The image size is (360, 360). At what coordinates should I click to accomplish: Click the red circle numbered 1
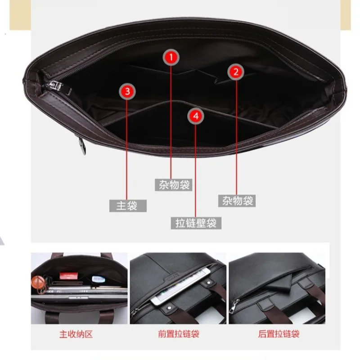(x=171, y=57)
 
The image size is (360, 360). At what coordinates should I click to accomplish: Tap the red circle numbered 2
(x=236, y=72)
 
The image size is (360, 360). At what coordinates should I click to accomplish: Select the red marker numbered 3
(x=128, y=91)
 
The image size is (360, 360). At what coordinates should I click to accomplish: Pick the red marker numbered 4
(x=195, y=116)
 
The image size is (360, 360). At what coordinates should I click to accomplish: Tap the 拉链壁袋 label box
(x=196, y=222)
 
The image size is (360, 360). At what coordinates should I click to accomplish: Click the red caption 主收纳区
(x=76, y=334)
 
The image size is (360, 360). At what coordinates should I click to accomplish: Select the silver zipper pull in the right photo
(x=234, y=306)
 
